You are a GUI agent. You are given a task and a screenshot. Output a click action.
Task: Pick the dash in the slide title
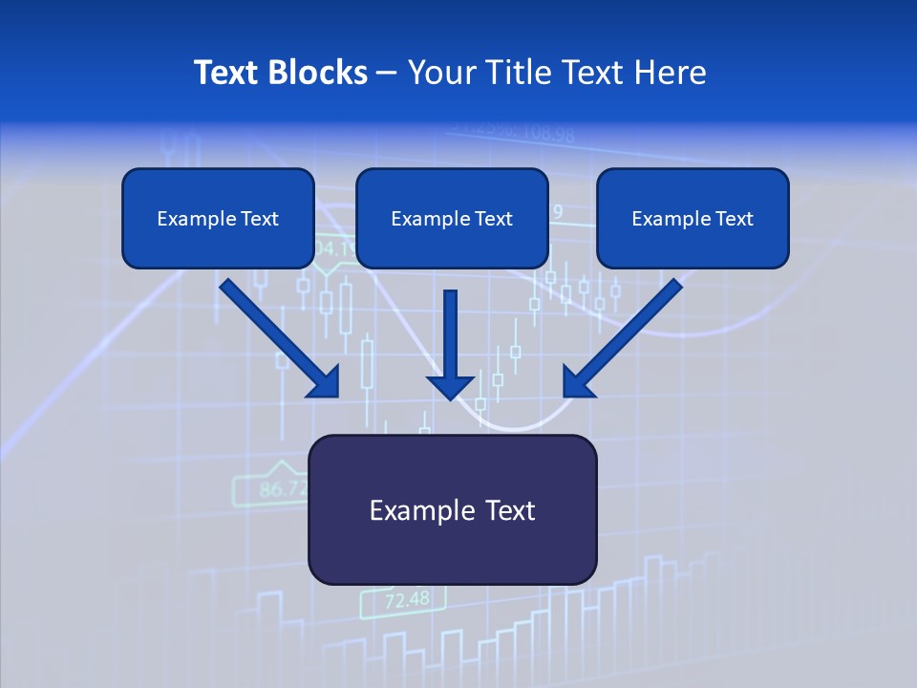coord(387,74)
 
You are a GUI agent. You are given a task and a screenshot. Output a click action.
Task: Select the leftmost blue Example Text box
coord(218,219)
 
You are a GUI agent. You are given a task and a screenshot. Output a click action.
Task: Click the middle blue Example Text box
coord(452,219)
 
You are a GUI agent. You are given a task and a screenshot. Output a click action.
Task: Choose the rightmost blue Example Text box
coord(693,219)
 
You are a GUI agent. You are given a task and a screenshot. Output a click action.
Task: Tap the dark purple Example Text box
coord(452,510)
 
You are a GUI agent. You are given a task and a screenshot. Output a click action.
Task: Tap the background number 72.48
coord(407,600)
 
